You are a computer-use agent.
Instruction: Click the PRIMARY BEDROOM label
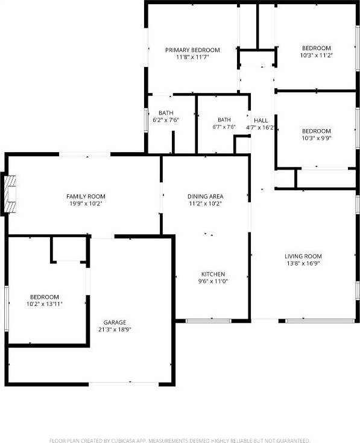(192, 50)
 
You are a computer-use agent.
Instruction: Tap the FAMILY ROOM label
(86, 196)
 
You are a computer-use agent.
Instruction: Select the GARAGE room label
(115, 322)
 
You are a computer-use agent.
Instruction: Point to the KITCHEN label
(213, 274)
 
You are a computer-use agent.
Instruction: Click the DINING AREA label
(205, 196)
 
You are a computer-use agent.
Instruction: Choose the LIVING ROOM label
(303, 257)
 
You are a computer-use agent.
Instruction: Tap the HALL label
(261, 121)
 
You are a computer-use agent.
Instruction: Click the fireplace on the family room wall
(10, 194)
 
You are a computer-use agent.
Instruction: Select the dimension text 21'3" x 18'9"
(115, 330)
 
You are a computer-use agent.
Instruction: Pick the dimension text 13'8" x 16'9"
(303, 263)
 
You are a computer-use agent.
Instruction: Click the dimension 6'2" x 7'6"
(166, 120)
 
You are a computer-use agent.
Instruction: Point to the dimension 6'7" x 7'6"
(224, 127)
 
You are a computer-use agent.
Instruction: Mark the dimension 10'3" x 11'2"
(316, 55)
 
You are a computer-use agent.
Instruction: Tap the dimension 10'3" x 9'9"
(316, 138)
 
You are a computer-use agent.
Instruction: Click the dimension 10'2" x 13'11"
(45, 304)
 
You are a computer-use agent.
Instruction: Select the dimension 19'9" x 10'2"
(86, 203)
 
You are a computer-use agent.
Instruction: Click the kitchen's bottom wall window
(209, 321)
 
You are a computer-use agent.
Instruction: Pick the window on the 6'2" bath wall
(146, 121)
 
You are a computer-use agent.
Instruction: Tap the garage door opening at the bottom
(124, 384)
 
